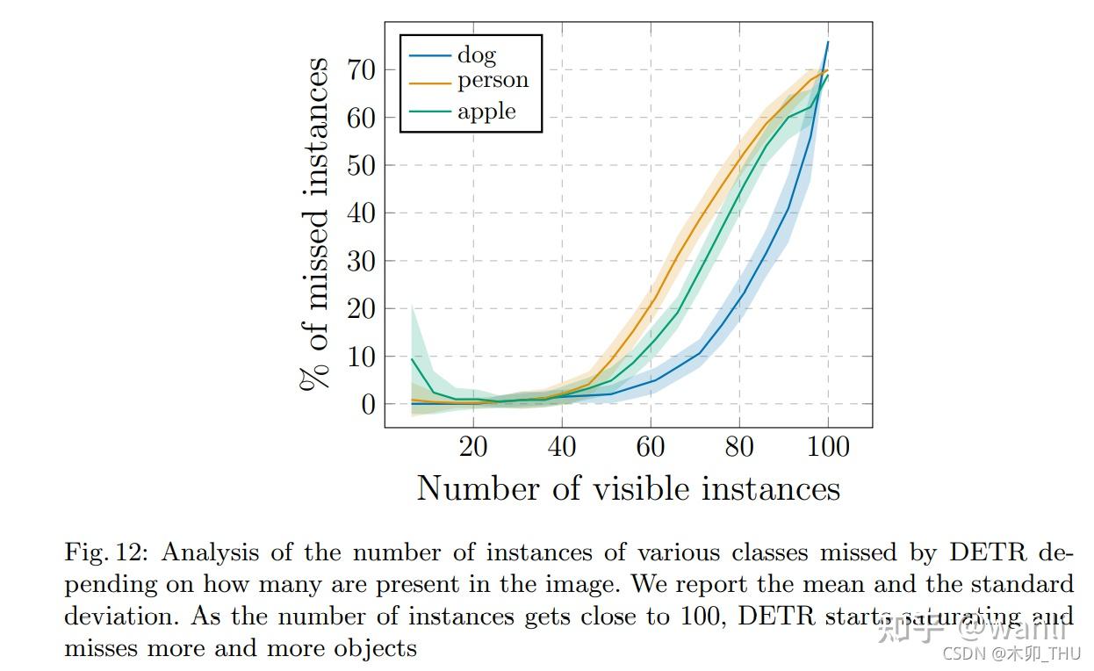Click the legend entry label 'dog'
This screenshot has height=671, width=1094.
(476, 55)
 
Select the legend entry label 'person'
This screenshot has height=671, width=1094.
(493, 81)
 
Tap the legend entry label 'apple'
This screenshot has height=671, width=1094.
(486, 112)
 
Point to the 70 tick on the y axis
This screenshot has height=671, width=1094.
(362, 69)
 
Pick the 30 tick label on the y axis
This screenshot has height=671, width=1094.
(362, 261)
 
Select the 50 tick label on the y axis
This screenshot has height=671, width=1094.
(362, 165)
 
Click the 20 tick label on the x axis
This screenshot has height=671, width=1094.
(473, 447)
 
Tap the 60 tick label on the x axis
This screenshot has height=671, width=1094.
(651, 447)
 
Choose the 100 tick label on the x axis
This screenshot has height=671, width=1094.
(826, 447)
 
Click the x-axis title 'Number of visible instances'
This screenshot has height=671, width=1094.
(628, 489)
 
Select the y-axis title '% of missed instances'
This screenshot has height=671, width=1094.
(314, 224)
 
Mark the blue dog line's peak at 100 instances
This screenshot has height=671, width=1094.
(828, 41)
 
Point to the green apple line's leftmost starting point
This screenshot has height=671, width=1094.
(412, 358)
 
